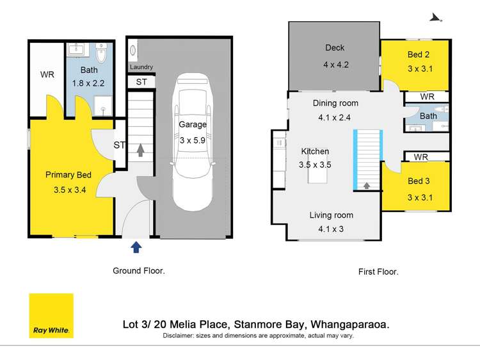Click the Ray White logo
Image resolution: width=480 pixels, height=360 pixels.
click(x=51, y=315)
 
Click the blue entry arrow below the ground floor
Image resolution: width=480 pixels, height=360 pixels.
click(x=136, y=248)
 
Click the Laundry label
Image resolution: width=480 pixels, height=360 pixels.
click(x=141, y=67)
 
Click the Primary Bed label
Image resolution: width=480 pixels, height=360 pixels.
click(x=68, y=175)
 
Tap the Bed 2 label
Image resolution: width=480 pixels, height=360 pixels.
click(x=418, y=54)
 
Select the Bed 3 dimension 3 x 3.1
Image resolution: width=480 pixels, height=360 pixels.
click(x=420, y=197)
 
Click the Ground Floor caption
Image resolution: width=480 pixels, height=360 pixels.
click(x=139, y=271)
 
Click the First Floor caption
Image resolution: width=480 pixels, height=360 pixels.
click(x=378, y=272)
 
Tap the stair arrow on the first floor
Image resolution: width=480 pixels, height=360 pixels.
click(x=367, y=186)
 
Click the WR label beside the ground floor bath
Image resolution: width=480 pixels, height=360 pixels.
click(x=47, y=75)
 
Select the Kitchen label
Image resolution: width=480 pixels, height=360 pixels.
click(x=315, y=152)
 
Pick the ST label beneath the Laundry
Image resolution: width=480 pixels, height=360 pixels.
click(x=141, y=82)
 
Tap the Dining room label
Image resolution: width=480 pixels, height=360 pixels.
click(x=335, y=102)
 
